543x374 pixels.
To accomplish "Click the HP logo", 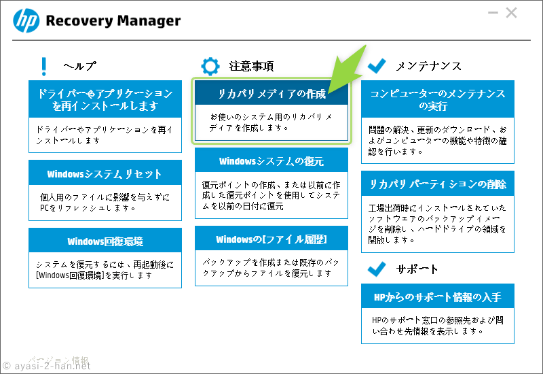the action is (x=26, y=21).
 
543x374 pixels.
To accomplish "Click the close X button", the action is (x=511, y=13).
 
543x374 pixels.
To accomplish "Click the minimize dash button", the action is (x=493, y=13).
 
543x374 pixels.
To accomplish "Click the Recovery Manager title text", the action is (x=113, y=21).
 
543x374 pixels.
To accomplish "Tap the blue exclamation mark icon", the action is (x=43, y=66).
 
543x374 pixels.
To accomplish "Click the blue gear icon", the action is (x=210, y=66).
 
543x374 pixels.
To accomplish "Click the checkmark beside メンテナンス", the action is (x=377, y=65).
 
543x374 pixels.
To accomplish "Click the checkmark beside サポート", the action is (x=377, y=269).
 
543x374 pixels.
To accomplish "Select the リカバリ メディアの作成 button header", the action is (x=271, y=93).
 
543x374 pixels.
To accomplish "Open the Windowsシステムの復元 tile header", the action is (x=271, y=160).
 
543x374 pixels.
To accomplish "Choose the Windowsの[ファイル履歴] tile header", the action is (x=271, y=239).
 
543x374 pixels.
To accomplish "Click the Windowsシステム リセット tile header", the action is (x=105, y=173).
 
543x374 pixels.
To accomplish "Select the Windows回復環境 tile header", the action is (x=105, y=241).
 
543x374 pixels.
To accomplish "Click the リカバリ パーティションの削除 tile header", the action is (x=438, y=184).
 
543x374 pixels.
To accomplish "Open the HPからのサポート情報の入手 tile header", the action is (x=438, y=296).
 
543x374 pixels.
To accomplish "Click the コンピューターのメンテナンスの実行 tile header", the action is (x=438, y=99).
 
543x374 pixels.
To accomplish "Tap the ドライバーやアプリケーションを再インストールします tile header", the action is (x=105, y=99).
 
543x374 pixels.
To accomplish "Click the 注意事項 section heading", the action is (x=251, y=66).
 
